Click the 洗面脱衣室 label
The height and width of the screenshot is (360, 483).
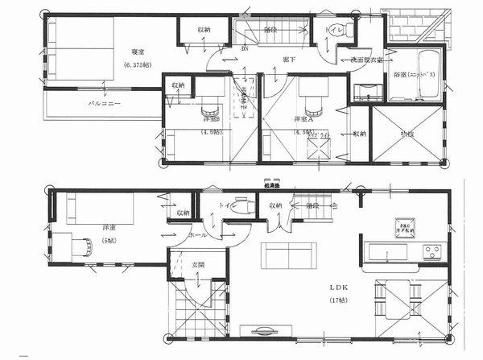click(x=366, y=60)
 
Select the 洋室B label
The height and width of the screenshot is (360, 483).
click(x=212, y=119)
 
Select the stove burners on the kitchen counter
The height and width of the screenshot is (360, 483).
click(x=433, y=252)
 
